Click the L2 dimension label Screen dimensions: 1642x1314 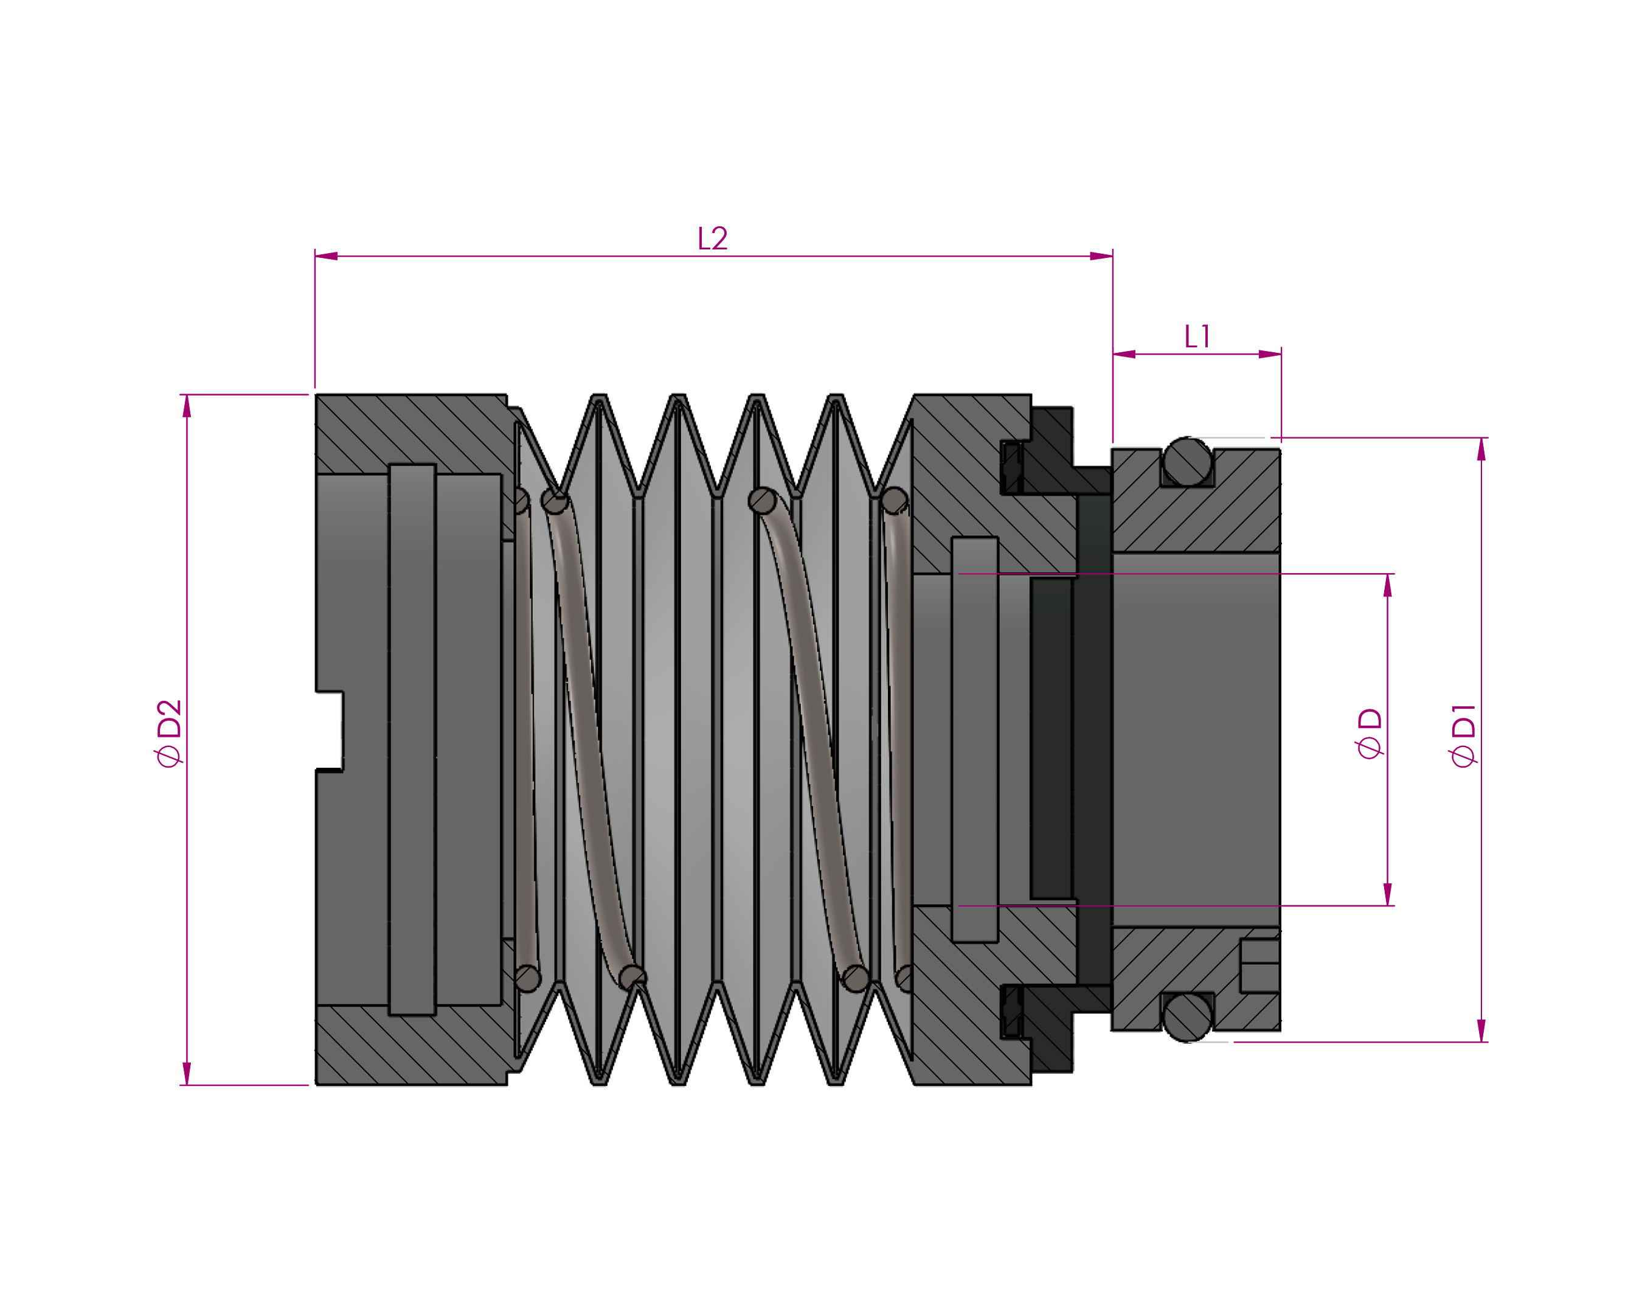[712, 238]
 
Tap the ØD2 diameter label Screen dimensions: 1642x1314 [169, 733]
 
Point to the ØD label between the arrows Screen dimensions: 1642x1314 [1370, 733]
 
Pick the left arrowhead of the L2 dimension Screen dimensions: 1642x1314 [326, 256]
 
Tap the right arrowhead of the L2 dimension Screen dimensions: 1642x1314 [1101, 256]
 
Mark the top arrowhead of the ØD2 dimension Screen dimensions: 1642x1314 [187, 406]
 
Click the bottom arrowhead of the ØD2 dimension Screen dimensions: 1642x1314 [187, 1073]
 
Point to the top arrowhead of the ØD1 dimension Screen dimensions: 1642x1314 [1481, 450]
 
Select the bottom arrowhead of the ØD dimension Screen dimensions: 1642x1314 [1388, 894]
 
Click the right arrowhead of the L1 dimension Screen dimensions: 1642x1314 [1270, 354]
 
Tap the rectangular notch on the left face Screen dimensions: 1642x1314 [330, 731]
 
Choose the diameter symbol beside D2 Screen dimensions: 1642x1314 [169, 756]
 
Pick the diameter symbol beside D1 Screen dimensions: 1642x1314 [1463, 756]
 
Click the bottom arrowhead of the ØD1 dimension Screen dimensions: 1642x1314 [1481, 1031]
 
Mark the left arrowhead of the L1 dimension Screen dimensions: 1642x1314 [1124, 354]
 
